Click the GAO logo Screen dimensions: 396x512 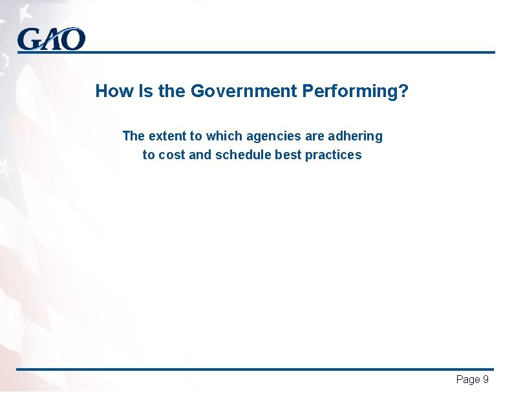coord(51,39)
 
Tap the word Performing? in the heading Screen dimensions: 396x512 coord(355,92)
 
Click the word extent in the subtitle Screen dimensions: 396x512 coord(167,137)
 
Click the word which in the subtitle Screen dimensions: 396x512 coord(222,137)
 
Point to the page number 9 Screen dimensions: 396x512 coord(485,380)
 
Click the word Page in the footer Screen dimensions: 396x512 coord(468,380)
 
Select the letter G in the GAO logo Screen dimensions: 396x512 coord(28,40)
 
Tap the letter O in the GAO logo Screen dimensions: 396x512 coord(74,40)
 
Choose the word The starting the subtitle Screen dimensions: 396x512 coord(133,137)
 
